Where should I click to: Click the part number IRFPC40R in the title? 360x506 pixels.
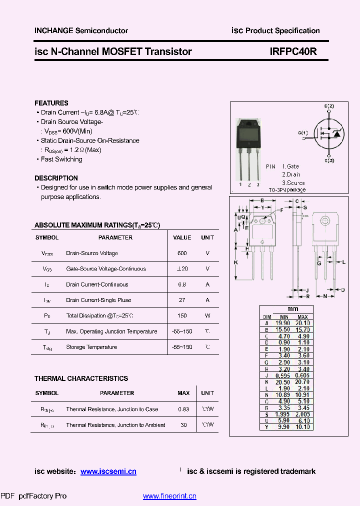click(293, 51)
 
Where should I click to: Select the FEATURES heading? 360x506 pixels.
click(51, 103)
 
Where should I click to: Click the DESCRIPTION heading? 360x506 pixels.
click(56, 178)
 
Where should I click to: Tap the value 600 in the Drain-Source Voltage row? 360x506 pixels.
click(182, 253)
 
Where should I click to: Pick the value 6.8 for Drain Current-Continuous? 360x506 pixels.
click(182, 284)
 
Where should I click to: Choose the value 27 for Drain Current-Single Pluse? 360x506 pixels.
click(182, 300)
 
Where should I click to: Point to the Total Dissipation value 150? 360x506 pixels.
click(182, 316)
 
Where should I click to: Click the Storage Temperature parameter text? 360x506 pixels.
click(91, 347)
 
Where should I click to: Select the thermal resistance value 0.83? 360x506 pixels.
click(183, 409)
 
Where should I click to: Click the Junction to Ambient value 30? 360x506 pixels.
click(183, 425)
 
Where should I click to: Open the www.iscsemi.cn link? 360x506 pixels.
click(108, 471)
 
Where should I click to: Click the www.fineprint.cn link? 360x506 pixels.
click(169, 496)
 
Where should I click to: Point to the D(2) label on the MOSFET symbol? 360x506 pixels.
click(329, 106)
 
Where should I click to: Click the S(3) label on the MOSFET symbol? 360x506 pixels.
click(329, 160)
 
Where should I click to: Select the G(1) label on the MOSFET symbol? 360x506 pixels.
click(303, 133)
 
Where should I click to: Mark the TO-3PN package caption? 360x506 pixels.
click(286, 190)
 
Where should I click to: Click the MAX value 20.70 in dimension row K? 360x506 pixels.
click(302, 381)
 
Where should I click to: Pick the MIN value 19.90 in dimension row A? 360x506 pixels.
click(284, 323)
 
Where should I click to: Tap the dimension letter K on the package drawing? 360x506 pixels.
click(235, 262)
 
